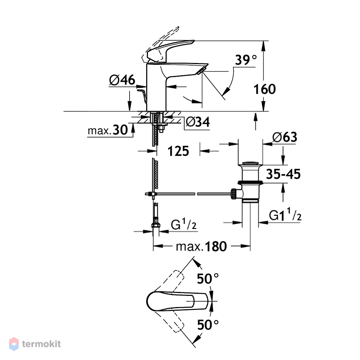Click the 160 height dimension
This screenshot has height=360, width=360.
pyautogui.click(x=265, y=89)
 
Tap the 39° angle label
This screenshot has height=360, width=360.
pyautogui.click(x=246, y=60)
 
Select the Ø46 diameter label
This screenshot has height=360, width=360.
pyautogui.click(x=122, y=80)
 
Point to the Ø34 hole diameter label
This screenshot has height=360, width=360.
pyautogui.click(x=198, y=122)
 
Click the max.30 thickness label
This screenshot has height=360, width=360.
pyautogui.click(x=108, y=130)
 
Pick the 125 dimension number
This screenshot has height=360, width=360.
pyautogui.click(x=178, y=151)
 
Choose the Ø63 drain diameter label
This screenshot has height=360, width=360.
pyautogui.click(x=285, y=137)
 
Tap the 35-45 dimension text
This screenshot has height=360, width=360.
pyautogui.click(x=283, y=174)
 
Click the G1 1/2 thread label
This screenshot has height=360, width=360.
pyautogui.click(x=285, y=214)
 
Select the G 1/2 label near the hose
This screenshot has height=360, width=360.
pyautogui.click(x=184, y=224)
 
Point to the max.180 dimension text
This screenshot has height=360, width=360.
pyautogui.click(x=201, y=247)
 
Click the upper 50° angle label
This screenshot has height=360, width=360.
pyautogui.click(x=208, y=279)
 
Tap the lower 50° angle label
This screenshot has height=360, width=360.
pyautogui.click(x=208, y=325)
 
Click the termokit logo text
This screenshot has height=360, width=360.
pyautogui.click(x=41, y=344)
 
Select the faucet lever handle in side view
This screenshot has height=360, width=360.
pyautogui.click(x=170, y=51)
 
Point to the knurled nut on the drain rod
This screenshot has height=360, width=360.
pyautogui.click(x=233, y=194)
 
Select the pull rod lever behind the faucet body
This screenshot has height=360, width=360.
pyautogui.click(x=142, y=96)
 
